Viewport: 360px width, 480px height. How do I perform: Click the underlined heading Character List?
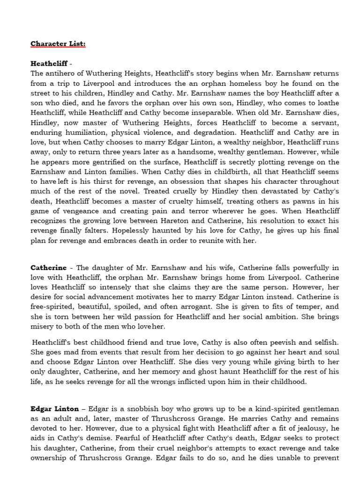point(58,44)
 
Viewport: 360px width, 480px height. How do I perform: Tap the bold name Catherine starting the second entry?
point(49,268)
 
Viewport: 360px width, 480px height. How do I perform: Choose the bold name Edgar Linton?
point(54,409)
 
